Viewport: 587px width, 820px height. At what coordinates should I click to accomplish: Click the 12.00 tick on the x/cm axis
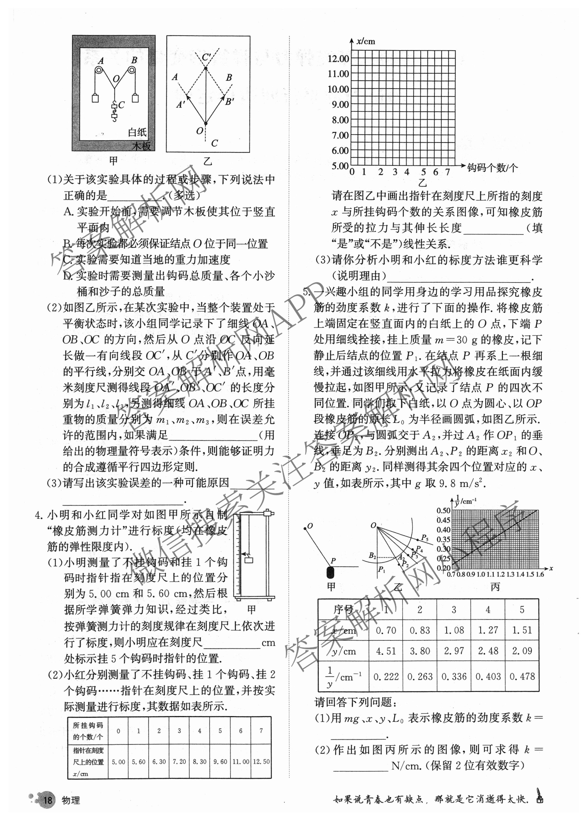point(338,59)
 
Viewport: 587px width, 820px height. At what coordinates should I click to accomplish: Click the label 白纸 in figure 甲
point(137,132)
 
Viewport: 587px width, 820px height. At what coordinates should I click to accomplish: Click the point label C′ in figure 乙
point(206,57)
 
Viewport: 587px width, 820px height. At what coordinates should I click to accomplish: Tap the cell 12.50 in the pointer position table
point(261,761)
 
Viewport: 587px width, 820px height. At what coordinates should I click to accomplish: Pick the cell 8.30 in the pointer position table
point(199,761)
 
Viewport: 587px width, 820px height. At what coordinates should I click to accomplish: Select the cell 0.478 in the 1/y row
point(522,676)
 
